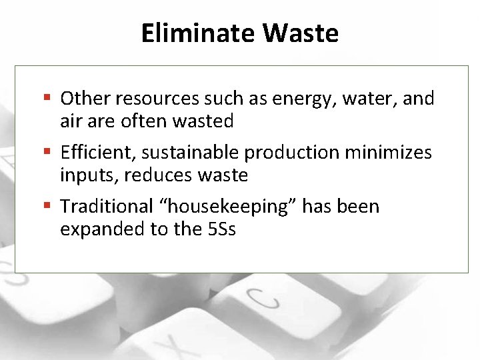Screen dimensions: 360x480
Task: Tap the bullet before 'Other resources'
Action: point(49,99)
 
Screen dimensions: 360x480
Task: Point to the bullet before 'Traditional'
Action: point(49,207)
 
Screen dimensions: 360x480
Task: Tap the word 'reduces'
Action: point(149,175)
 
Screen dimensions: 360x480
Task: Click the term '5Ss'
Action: point(222,229)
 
